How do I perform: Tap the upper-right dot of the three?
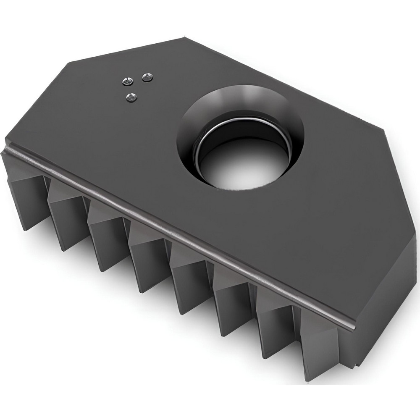pyautogui.click(x=147, y=77)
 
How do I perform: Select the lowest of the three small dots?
pyautogui.click(x=132, y=98)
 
